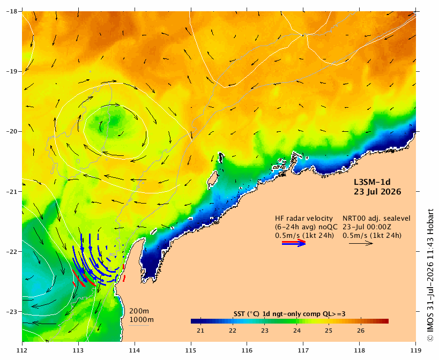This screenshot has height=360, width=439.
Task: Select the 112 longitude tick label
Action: [22, 350]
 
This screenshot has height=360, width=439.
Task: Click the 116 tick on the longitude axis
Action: [247, 350]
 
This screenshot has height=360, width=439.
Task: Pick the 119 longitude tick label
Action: [416, 350]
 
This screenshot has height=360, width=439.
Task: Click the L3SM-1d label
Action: [372, 182]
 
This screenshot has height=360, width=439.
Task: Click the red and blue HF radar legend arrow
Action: [294, 243]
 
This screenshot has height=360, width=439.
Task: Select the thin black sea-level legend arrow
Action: [361, 243]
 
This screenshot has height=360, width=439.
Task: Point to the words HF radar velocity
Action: [304, 219]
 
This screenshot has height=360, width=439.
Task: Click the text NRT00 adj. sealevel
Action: [377, 219]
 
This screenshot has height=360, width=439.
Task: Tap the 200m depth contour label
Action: [139, 311]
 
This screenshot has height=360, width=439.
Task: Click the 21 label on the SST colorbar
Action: [200, 331]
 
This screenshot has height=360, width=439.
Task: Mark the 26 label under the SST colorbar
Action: [361, 331]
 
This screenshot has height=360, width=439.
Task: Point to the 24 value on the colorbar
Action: [297, 331]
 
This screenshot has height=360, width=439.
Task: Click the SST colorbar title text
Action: [289, 314]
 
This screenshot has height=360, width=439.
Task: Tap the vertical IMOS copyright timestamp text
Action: [430, 275]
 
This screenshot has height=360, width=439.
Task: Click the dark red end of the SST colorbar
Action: [386, 321]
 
